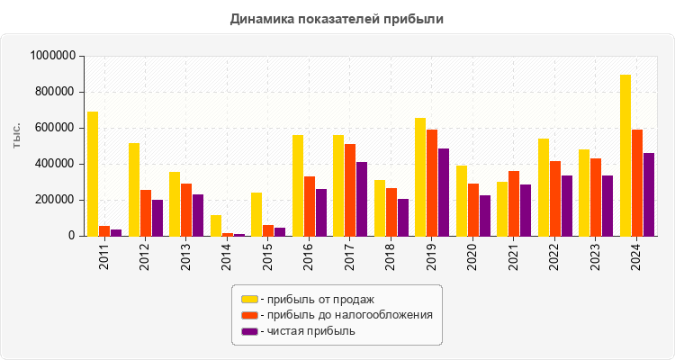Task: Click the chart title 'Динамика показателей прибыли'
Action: tap(337, 18)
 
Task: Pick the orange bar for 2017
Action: tap(350, 190)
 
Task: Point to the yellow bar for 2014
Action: tap(216, 225)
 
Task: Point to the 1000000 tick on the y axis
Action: tap(52, 56)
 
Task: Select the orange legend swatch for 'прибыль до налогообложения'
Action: tap(249, 315)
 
